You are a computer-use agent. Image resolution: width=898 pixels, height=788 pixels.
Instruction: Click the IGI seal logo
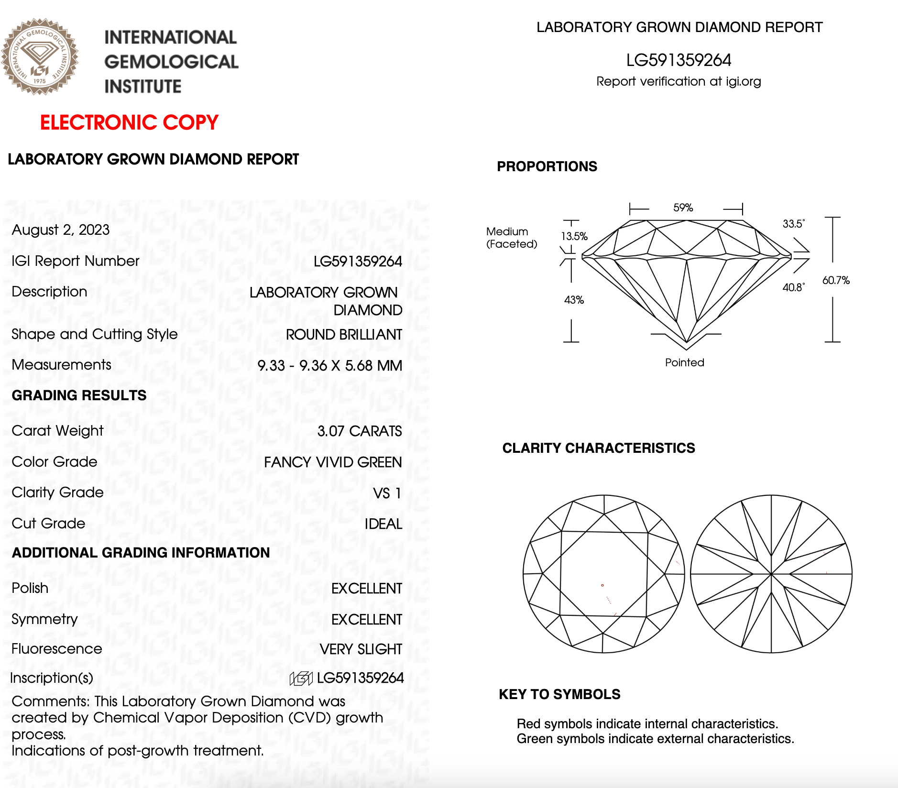[40, 56]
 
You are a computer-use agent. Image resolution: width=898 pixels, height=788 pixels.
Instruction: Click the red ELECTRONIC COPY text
[129, 122]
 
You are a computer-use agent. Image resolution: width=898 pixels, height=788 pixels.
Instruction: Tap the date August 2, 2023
[61, 230]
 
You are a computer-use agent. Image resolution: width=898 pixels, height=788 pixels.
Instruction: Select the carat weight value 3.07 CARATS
[360, 431]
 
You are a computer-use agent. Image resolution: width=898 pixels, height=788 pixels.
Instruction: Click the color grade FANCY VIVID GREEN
[333, 462]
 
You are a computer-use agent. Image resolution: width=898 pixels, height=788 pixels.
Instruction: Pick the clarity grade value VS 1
[387, 493]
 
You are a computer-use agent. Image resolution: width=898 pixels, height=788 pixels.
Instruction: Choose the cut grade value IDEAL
[383, 524]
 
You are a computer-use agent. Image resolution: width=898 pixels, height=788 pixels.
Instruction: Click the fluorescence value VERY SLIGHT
[361, 649]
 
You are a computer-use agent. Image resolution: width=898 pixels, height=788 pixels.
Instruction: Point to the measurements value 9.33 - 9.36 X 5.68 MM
[329, 366]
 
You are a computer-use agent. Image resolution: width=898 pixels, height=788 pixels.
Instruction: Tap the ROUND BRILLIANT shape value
[344, 335]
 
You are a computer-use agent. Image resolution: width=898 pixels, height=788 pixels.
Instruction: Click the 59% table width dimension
[683, 208]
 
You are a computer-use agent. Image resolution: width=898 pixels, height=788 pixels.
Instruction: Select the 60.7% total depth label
[836, 280]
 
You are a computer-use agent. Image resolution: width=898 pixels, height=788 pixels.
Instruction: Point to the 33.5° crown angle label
[793, 224]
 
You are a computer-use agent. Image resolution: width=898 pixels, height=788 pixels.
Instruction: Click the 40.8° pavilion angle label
[793, 287]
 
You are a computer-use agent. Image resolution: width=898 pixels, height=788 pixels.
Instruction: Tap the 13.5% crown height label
[574, 236]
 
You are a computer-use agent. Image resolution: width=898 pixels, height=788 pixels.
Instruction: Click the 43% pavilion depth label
[574, 300]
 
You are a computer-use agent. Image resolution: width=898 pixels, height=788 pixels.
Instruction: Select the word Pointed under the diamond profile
[684, 362]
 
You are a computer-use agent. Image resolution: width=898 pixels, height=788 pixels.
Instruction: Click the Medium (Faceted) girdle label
[511, 238]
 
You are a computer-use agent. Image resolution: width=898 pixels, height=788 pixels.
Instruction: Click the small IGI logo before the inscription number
[301, 678]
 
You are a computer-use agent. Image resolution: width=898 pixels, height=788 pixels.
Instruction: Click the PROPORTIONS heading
[547, 166]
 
